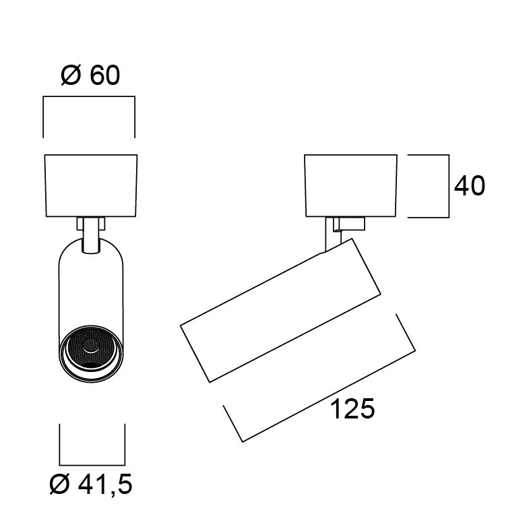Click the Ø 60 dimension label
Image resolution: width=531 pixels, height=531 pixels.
coord(90,75)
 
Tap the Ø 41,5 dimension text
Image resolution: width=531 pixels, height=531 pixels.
coord(91,485)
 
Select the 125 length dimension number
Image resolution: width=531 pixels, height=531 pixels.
coord(352,409)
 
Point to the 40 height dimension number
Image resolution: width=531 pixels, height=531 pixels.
coord(470,185)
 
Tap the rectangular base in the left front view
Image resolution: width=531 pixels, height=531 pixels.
coord(91,185)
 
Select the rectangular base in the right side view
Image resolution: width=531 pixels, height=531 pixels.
coord(351,185)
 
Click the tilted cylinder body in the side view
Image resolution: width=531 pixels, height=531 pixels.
coord(280,310)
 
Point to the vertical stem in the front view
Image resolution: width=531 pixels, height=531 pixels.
coord(91,235)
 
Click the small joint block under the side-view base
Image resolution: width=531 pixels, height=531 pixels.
coord(349,224)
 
